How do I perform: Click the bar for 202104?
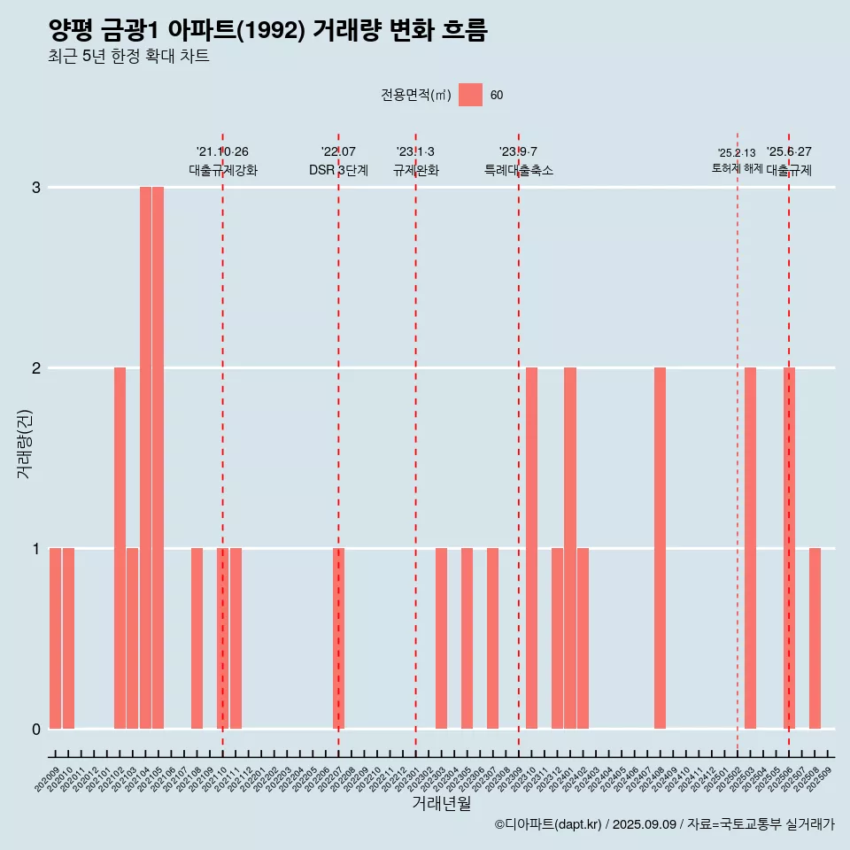145,458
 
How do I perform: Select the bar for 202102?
120,548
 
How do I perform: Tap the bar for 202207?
338,638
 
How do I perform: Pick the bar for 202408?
660,548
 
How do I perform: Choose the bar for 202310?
531,548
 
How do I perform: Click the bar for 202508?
815,638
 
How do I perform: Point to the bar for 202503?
750,548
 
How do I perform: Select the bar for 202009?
55,638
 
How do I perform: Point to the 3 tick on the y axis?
36,188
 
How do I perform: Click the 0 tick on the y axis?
36,730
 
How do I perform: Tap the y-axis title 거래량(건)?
25,444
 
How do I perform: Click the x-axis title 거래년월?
441,803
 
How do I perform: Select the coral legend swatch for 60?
470,95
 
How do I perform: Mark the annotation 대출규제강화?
223,170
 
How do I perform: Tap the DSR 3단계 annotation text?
338,170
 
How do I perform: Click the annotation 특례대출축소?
519,170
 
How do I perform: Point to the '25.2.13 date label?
737,153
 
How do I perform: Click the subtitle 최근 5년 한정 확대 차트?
129,57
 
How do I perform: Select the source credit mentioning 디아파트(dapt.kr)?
664,824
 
